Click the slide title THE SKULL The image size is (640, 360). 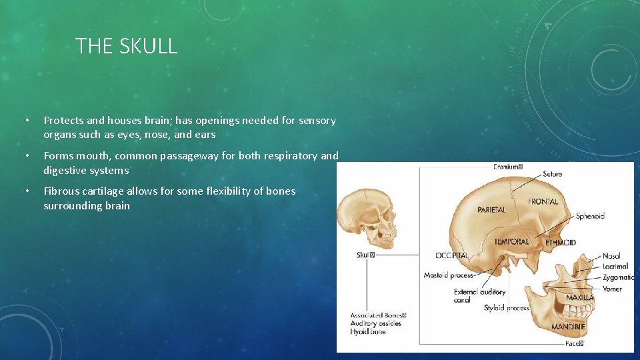point(126,46)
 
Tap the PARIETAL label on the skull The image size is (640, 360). point(491,209)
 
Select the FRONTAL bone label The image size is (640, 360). point(543,201)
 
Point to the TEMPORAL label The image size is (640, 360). point(511,241)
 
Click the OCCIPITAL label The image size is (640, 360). point(452,255)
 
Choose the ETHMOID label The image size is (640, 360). point(560,243)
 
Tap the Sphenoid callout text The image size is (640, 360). point(590,216)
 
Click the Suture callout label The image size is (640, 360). point(552,174)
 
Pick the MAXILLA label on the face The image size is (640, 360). point(579,297)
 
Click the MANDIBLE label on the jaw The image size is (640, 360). point(568,327)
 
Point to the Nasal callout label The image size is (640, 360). point(611,256)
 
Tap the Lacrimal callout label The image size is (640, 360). point(615,266)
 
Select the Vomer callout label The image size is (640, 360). point(612,289)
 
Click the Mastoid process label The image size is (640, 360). point(448,275)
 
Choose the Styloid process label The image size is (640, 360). point(507,308)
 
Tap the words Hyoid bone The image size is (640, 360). point(368,331)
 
